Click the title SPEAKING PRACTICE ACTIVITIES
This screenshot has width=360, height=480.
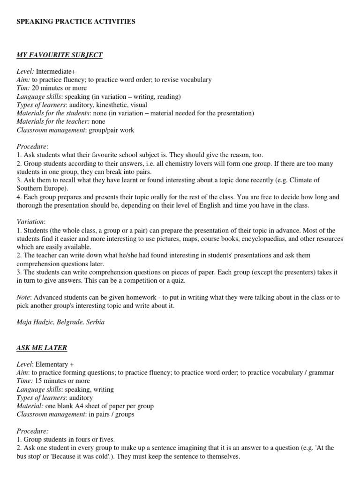point(76,22)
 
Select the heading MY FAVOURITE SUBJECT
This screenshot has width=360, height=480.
point(60,55)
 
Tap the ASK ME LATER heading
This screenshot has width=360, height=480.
point(42,348)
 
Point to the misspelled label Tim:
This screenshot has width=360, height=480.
point(23,88)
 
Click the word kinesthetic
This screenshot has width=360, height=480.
point(111,105)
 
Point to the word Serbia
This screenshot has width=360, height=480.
point(95,322)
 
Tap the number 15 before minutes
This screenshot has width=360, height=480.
point(39,381)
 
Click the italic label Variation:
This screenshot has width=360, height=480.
point(30,222)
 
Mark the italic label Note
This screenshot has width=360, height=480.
point(23,298)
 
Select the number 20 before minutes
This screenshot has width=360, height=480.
point(36,88)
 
